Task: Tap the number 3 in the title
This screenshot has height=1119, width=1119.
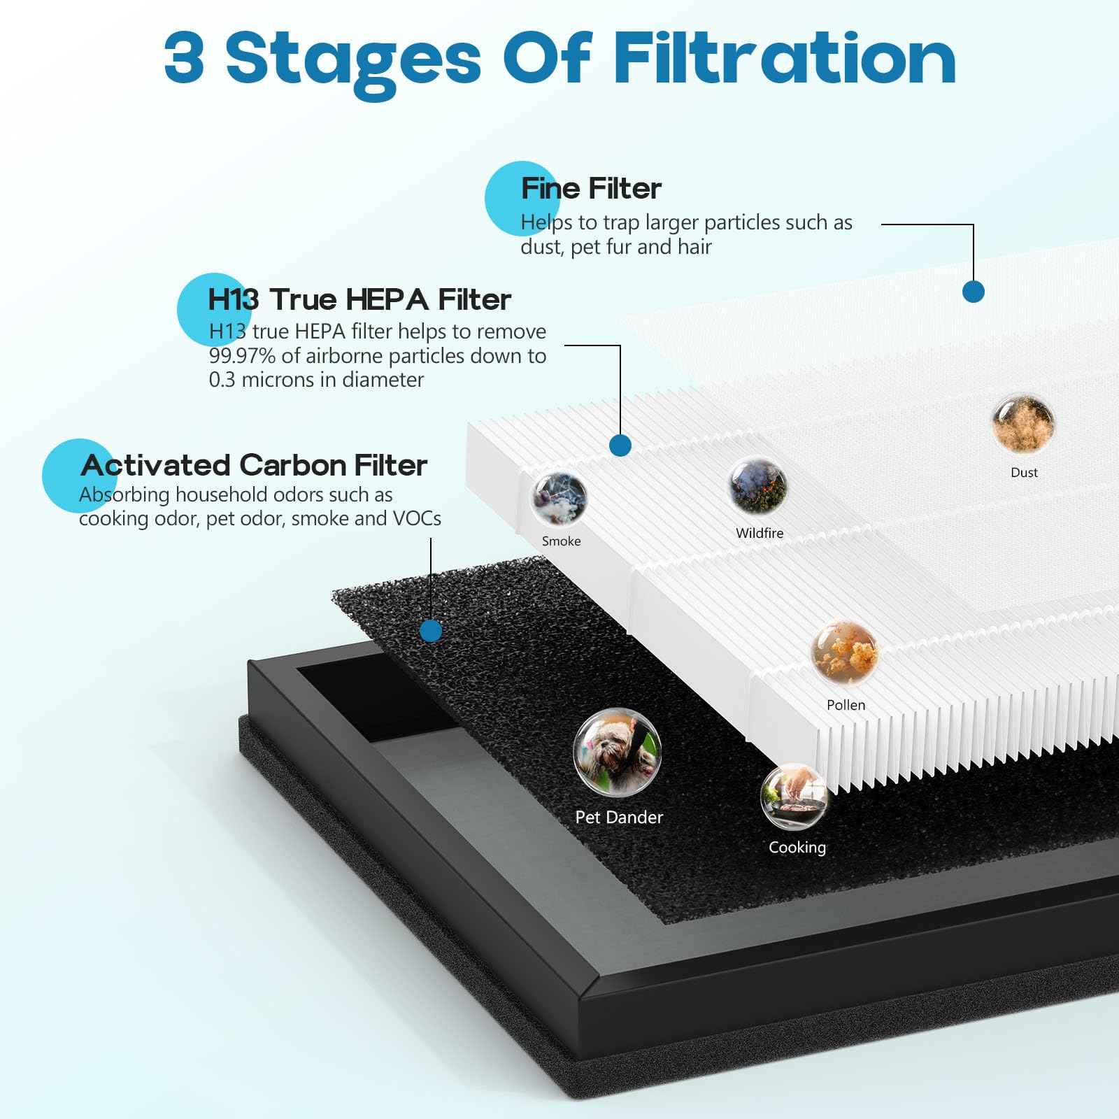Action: click(x=185, y=58)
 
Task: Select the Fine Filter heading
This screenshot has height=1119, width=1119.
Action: click(x=591, y=188)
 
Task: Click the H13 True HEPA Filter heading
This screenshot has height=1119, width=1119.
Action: click(x=359, y=299)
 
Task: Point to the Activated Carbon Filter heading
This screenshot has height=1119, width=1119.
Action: click(x=254, y=465)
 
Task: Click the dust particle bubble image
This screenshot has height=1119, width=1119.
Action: click(x=1023, y=424)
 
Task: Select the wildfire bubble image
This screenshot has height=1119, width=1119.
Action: click(x=758, y=485)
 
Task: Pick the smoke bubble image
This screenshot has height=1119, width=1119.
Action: click(x=558, y=498)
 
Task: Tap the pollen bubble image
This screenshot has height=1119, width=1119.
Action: click(x=844, y=653)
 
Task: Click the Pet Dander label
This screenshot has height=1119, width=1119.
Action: click(x=619, y=817)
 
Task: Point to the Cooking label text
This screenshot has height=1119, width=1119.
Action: click(x=797, y=848)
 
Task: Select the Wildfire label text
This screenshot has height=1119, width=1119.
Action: click(x=760, y=533)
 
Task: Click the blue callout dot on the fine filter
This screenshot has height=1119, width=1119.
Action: click(x=974, y=292)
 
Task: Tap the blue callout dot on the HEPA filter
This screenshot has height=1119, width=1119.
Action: click(x=620, y=445)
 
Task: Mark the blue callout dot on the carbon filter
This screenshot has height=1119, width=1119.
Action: click(x=432, y=631)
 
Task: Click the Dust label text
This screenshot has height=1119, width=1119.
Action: click(x=1024, y=473)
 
